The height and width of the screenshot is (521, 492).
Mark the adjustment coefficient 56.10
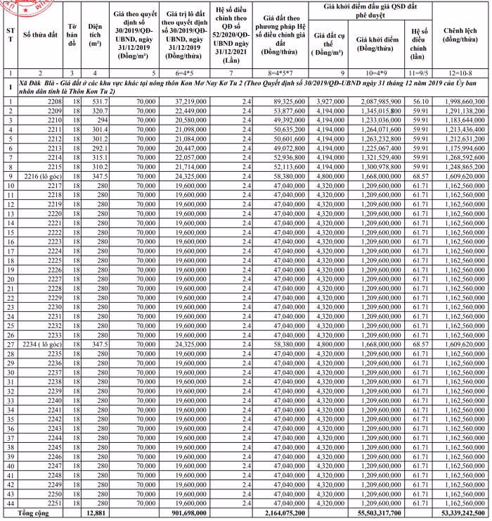[x=420, y=102]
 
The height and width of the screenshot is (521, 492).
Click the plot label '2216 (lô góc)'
[x=44, y=175]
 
